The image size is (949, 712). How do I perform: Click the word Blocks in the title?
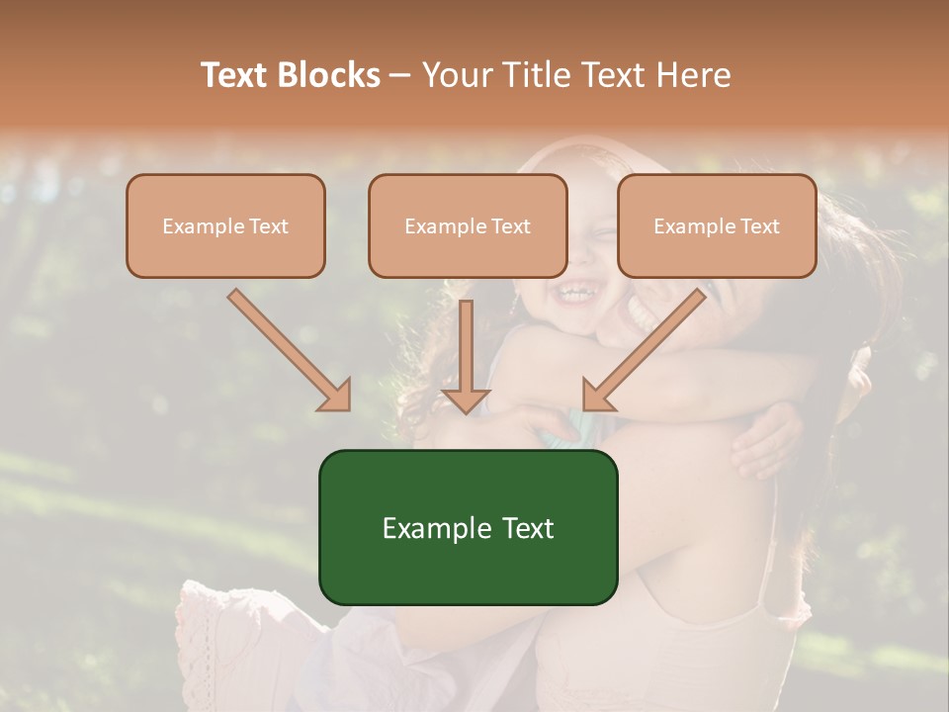(328, 75)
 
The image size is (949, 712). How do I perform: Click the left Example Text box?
(225, 226)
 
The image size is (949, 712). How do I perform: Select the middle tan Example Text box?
(468, 226)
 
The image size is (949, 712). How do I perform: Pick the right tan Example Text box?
(717, 226)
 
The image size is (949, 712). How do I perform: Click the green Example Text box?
(468, 527)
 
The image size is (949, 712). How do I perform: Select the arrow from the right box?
(647, 346)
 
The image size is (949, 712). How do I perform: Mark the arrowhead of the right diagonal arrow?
(596, 396)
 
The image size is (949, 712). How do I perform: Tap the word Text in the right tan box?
(759, 226)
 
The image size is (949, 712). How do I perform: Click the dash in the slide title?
(400, 75)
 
